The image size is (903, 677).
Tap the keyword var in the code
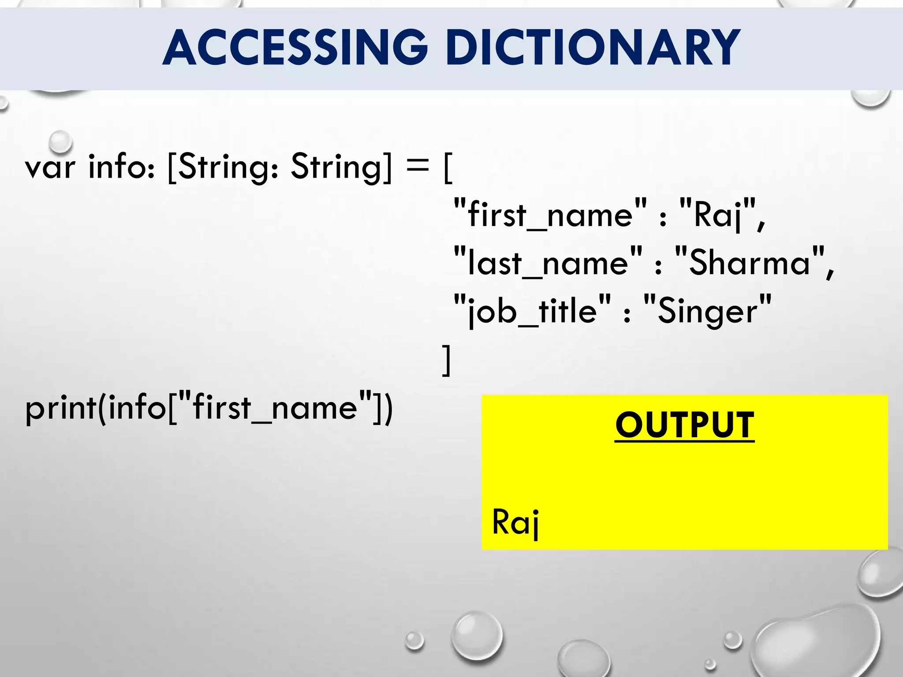point(50,168)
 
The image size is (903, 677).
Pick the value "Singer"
point(707,311)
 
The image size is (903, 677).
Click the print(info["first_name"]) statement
point(209,408)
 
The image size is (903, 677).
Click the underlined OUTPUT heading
point(684,425)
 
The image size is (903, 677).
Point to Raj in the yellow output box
point(515,522)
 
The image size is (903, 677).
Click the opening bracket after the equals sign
point(448,168)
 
